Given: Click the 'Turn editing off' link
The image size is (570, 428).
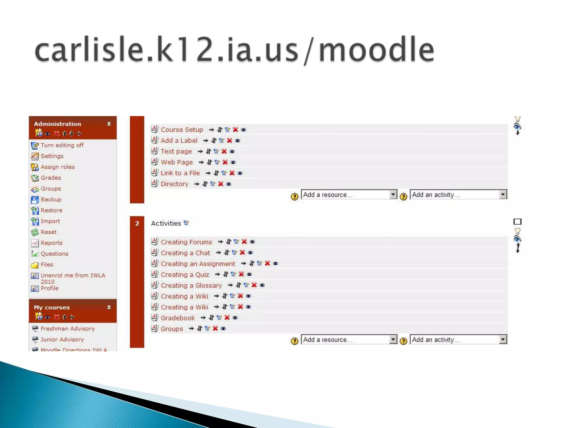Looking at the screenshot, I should coord(62,145).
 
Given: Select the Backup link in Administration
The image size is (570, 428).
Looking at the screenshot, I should coord(51,200).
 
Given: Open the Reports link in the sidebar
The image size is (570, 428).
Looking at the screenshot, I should coord(51,243).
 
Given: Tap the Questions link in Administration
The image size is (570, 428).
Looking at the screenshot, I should coord(54,254).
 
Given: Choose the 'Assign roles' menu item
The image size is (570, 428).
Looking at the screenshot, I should coord(58,167).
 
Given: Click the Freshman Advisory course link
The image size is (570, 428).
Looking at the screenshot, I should coord(68,329).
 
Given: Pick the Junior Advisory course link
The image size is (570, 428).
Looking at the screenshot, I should coord(62,340).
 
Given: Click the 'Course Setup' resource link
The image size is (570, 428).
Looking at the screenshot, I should coord(182,130).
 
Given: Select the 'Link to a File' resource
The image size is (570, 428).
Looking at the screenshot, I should coord(180,173).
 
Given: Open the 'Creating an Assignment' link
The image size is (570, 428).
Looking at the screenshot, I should coord(198,264).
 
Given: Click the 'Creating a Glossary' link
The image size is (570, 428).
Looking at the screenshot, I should coord(191,286).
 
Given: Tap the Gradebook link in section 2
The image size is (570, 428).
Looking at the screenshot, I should coord(178,318).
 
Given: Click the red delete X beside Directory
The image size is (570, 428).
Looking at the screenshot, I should coord(221,184).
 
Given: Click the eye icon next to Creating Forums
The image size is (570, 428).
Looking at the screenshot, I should coord(252,242).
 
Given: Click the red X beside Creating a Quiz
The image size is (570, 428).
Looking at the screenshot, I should coord(241,274).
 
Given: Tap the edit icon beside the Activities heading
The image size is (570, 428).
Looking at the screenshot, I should coord(186,223).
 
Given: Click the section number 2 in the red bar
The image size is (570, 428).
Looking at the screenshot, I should coord(137,223).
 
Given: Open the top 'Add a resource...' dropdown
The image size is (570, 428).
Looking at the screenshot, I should coord(349,195).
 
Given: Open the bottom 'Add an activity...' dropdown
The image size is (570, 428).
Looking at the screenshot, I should coord(458,340).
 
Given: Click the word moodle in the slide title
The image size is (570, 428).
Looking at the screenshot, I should coord(376,50).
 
